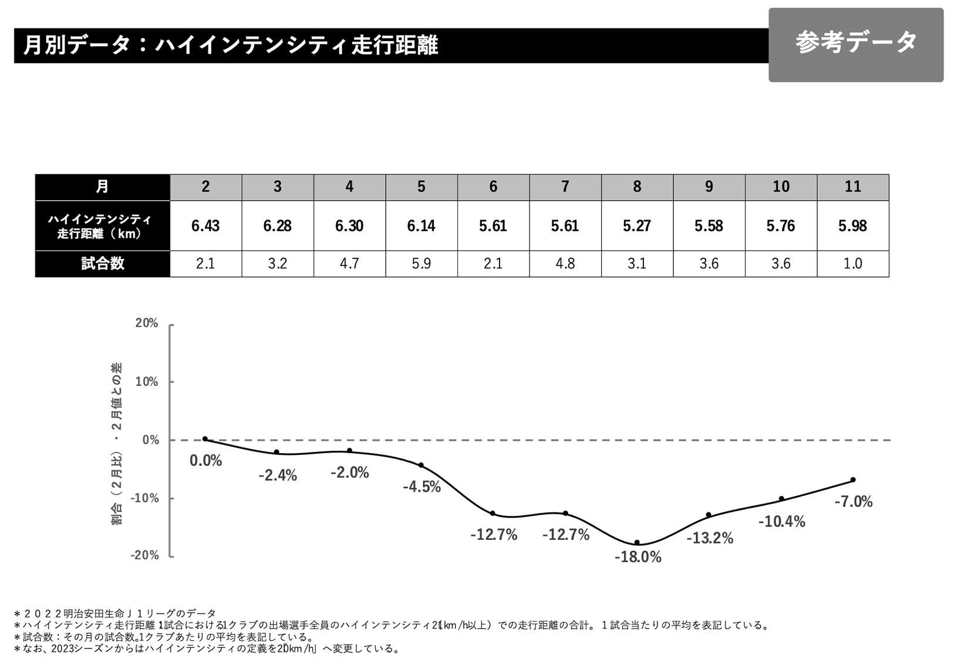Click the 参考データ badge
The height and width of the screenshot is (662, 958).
(855, 44)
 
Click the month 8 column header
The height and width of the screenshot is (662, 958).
(637, 187)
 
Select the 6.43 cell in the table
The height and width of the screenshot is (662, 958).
(205, 226)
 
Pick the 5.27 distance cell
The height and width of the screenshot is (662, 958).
(637, 226)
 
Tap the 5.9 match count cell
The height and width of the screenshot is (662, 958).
(421, 264)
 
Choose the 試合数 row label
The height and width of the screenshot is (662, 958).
(103, 264)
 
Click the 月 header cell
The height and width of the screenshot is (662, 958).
(103, 187)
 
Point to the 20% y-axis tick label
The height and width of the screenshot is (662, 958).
(147, 323)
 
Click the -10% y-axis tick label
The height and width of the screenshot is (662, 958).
(144, 498)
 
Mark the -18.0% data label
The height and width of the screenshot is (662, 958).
(638, 557)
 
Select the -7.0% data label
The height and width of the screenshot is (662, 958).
(854, 502)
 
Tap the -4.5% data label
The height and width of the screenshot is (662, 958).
(421, 487)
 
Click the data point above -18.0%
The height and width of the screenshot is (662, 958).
(637, 542)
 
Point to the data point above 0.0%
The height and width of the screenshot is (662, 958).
(205, 439)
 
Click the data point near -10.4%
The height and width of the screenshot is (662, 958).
(781, 499)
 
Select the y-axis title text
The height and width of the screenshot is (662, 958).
(117, 443)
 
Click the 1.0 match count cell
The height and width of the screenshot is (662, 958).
(852, 264)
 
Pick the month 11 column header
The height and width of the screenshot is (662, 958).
(852, 187)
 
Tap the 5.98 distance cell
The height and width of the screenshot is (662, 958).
(852, 226)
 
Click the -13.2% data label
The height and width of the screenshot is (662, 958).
(710, 538)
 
